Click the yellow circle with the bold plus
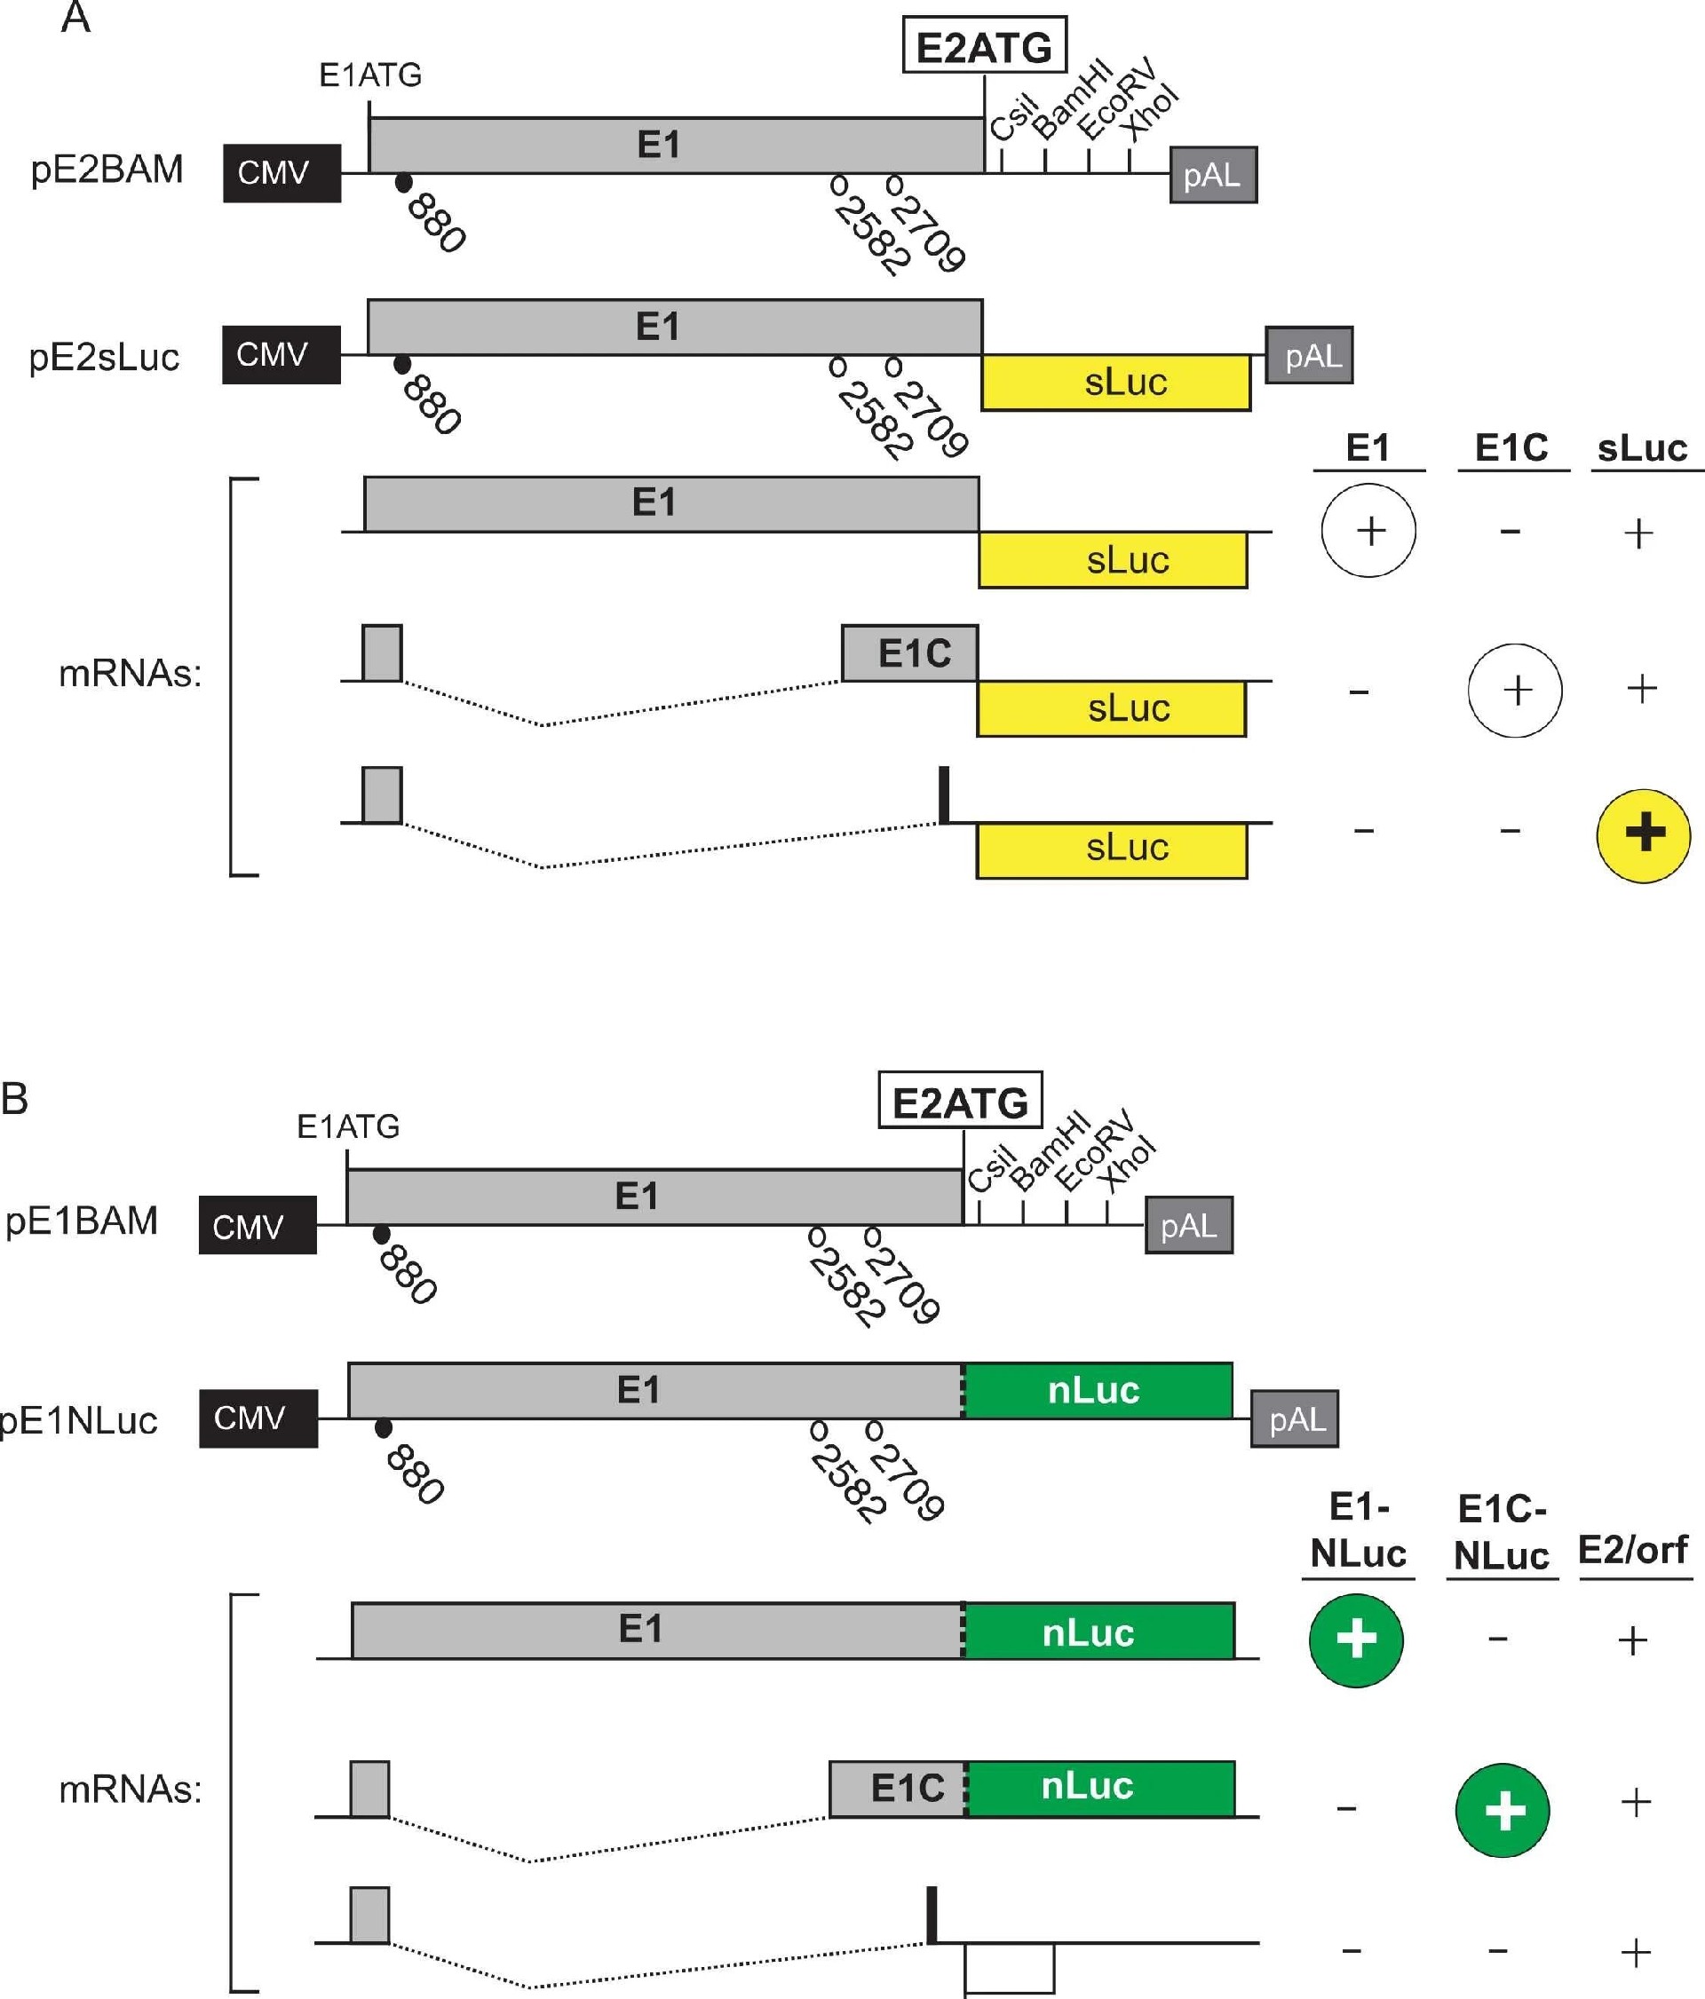[1642, 834]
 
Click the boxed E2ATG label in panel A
[983, 46]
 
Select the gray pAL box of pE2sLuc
[1308, 355]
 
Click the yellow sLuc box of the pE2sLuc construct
[1115, 383]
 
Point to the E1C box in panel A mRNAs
[909, 653]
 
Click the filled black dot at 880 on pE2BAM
[403, 182]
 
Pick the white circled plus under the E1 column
[1368, 531]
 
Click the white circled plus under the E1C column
[1514, 690]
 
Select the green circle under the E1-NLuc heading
[1356, 1639]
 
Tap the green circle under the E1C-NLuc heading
[1502, 1810]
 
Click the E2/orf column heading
[1633, 1550]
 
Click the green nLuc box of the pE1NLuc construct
[1097, 1390]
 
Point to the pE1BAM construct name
[82, 1221]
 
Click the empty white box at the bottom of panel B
[1010, 1967]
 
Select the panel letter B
[14, 1099]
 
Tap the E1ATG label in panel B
[347, 1126]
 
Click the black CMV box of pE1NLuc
[258, 1418]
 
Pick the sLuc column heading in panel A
[1641, 448]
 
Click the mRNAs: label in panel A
[131, 674]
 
